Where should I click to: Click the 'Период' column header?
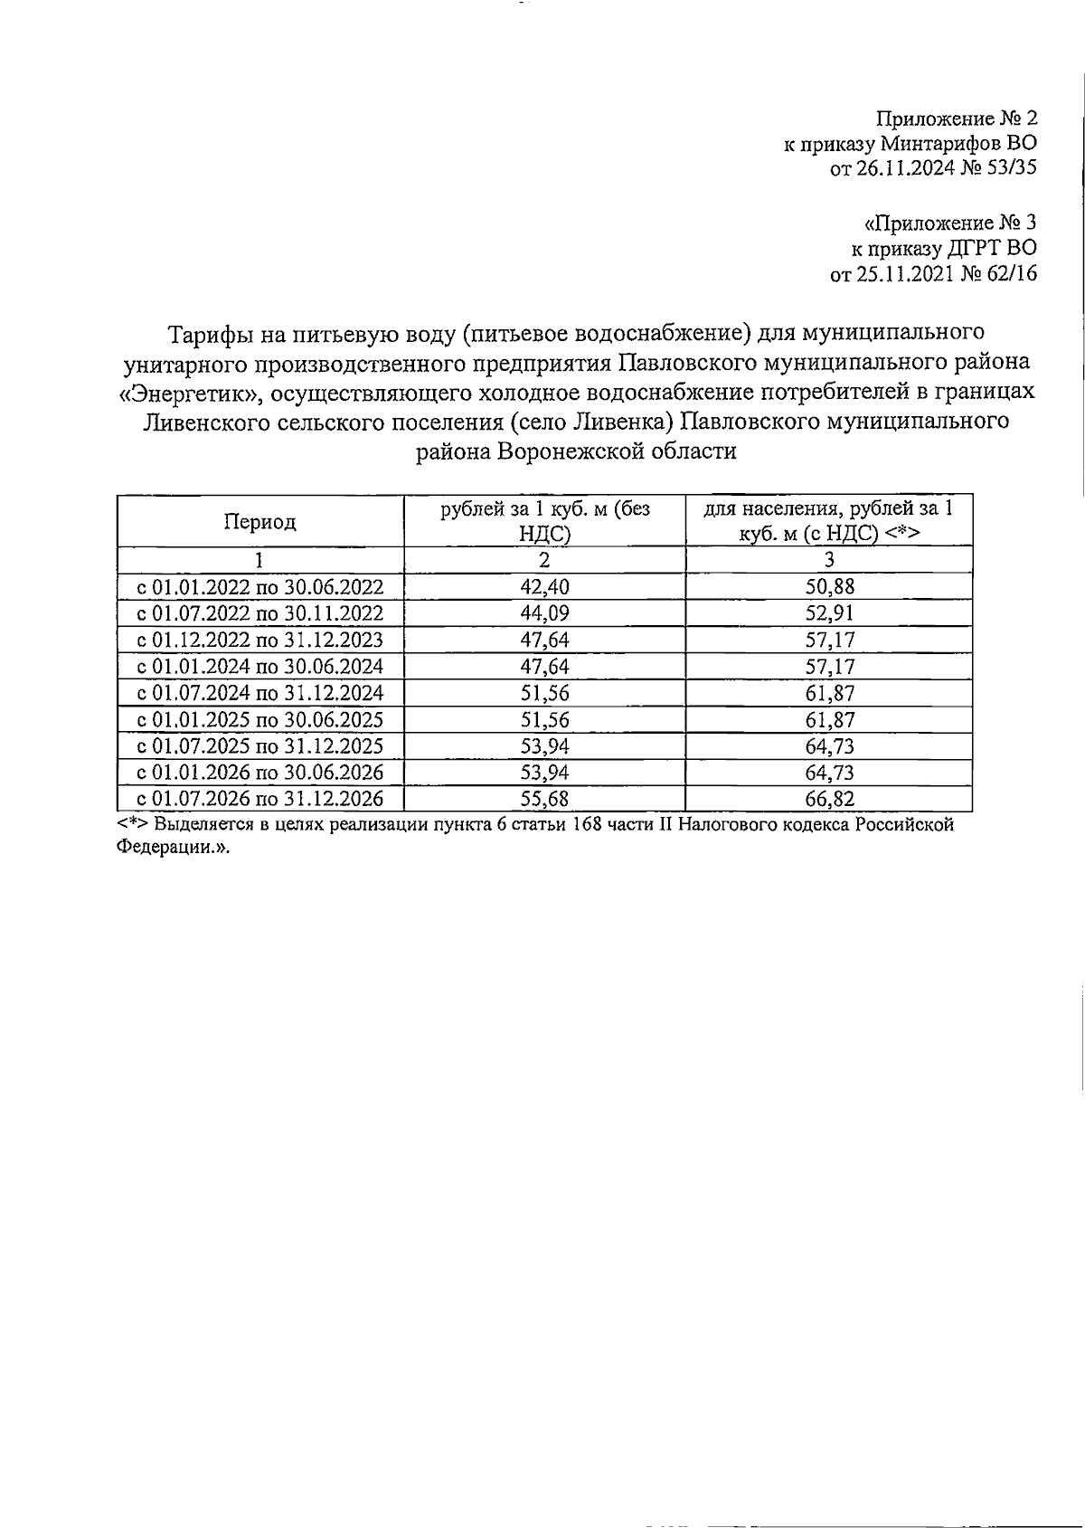point(259,522)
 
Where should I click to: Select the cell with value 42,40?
point(545,586)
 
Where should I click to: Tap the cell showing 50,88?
point(829,586)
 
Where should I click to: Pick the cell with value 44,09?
point(545,613)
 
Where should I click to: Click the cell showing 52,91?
point(829,613)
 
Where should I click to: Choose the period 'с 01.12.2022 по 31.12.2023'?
point(259,641)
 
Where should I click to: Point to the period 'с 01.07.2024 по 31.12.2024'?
point(259,693)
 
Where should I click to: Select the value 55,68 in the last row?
point(545,799)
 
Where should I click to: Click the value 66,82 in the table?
point(829,799)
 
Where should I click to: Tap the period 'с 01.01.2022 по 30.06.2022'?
point(259,587)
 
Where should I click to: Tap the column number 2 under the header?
point(545,560)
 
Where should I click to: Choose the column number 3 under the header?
point(829,560)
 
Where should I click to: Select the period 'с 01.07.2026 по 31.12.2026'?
point(259,799)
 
